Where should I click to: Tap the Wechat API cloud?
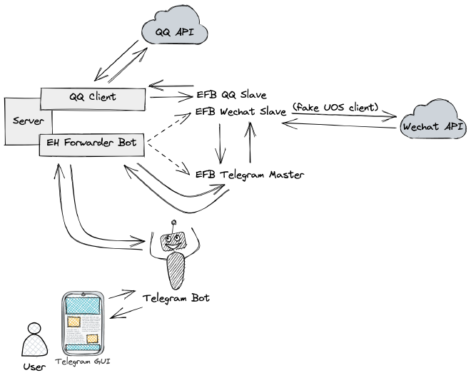[431, 126]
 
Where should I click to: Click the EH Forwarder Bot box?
[93, 143]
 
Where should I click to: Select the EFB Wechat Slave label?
[241, 113]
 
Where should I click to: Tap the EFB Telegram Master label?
[250, 173]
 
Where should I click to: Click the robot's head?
[173, 240]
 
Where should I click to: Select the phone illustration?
[82, 325]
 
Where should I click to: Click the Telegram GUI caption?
[83, 362]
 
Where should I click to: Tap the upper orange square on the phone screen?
[73, 322]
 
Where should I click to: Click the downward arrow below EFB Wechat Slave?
[221, 143]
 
